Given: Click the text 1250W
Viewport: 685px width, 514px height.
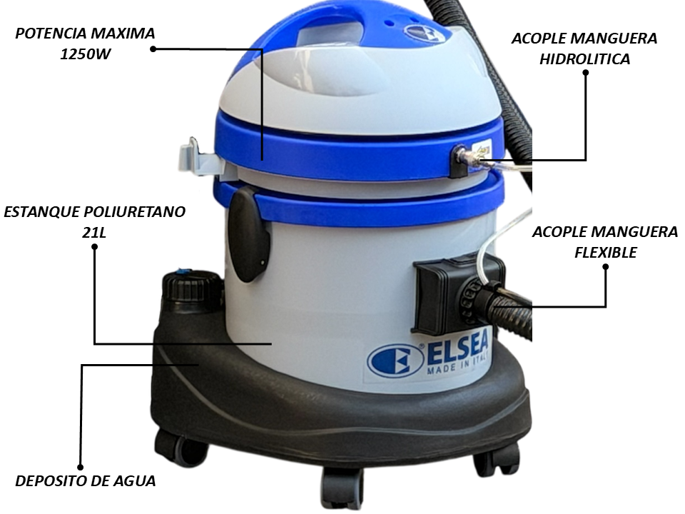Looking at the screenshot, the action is pos(85,54).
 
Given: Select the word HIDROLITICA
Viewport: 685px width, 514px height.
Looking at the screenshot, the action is pos(585,59).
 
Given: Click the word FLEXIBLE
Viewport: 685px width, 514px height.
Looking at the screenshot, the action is pos(606,252).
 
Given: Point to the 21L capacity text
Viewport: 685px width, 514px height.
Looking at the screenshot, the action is pos(94,233).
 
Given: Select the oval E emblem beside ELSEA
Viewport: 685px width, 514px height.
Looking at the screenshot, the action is pos(396,361).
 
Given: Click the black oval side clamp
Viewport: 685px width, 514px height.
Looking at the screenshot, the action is pos(248,234).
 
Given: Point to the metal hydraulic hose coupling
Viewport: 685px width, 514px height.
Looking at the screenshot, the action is pos(468,156).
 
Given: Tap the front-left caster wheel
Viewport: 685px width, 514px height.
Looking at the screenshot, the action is pos(181,448).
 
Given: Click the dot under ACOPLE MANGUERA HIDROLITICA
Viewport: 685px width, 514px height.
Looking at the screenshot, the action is pos(585,73).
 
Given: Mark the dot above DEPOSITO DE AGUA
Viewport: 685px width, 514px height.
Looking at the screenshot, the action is pos(81,467).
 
